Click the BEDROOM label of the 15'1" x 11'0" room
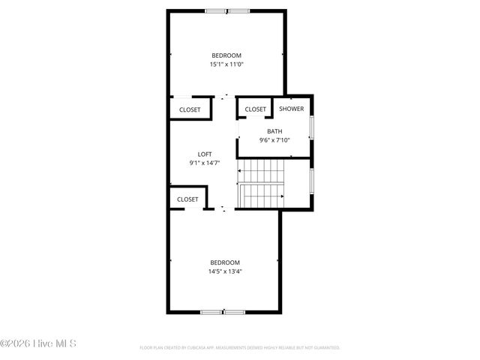point(226,55)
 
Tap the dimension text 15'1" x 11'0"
point(226,64)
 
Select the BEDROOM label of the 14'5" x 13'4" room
point(225,262)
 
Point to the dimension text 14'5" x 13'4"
point(225,271)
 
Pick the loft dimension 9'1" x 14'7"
point(205,163)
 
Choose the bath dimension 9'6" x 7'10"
point(274,140)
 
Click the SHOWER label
point(292,109)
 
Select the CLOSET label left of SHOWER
point(256,109)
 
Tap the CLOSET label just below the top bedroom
point(190,110)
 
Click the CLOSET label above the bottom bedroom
point(187,199)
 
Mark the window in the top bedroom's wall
point(227,10)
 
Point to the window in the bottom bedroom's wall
point(223,311)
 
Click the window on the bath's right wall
point(312,125)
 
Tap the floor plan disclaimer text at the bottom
point(240,347)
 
